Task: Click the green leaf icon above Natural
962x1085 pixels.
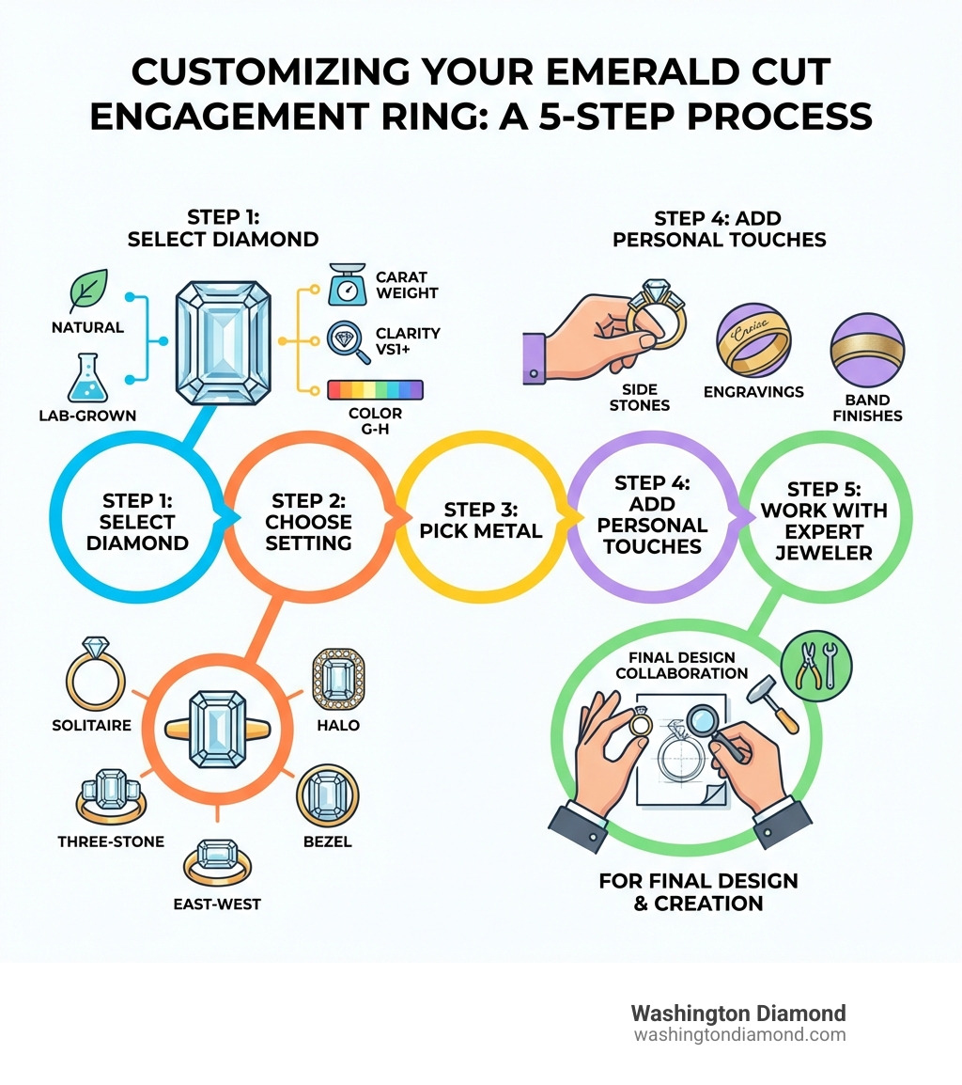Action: tap(88, 291)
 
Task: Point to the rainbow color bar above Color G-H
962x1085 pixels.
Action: tap(375, 390)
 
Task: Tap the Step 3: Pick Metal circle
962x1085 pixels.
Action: tap(480, 520)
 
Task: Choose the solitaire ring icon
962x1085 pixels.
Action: tap(96, 674)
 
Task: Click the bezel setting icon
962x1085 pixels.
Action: tap(328, 795)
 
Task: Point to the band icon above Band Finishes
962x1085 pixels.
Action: tap(867, 350)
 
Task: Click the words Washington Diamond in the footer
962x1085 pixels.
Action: tap(737, 1014)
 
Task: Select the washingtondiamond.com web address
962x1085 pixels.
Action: tap(739, 1035)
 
